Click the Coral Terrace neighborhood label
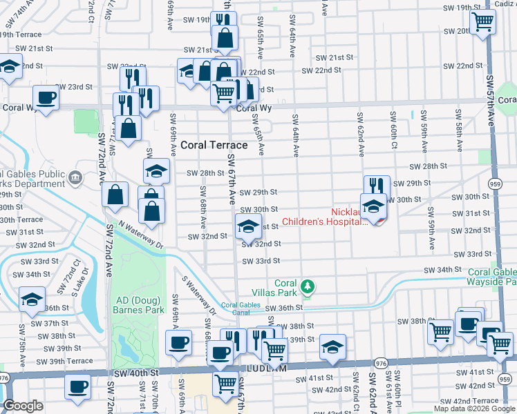click(x=214, y=146)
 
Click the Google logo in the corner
click(x=23, y=406)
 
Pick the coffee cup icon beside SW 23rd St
click(x=46, y=97)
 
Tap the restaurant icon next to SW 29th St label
click(x=377, y=186)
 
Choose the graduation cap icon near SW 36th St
click(x=32, y=299)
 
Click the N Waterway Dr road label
click(x=139, y=235)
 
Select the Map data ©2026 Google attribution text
click(x=473, y=408)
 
